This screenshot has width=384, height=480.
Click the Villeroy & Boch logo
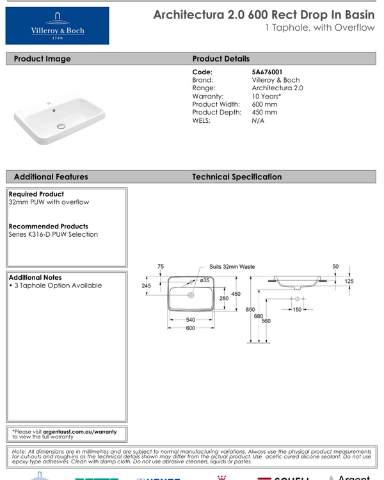coord(57,26)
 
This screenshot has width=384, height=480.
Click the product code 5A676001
coord(268,72)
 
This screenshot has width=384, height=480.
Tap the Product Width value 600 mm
coord(265,104)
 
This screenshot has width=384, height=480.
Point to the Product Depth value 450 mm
coord(265,112)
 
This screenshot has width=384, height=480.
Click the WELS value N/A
coord(259,120)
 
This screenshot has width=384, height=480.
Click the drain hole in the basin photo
coord(61,126)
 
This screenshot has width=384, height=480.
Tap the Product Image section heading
coord(42,59)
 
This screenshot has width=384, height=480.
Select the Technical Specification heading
coord(237,177)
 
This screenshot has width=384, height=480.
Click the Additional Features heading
coord(51,177)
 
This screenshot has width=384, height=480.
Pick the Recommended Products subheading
coord(49,227)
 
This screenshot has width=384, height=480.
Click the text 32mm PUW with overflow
coord(49,202)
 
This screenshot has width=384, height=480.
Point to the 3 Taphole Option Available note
coord(57,285)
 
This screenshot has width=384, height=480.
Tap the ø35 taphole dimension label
coord(205,280)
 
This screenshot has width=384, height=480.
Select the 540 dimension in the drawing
coord(191,319)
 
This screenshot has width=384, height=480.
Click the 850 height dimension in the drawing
coord(241,310)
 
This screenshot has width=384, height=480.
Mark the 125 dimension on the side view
coord(349,281)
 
